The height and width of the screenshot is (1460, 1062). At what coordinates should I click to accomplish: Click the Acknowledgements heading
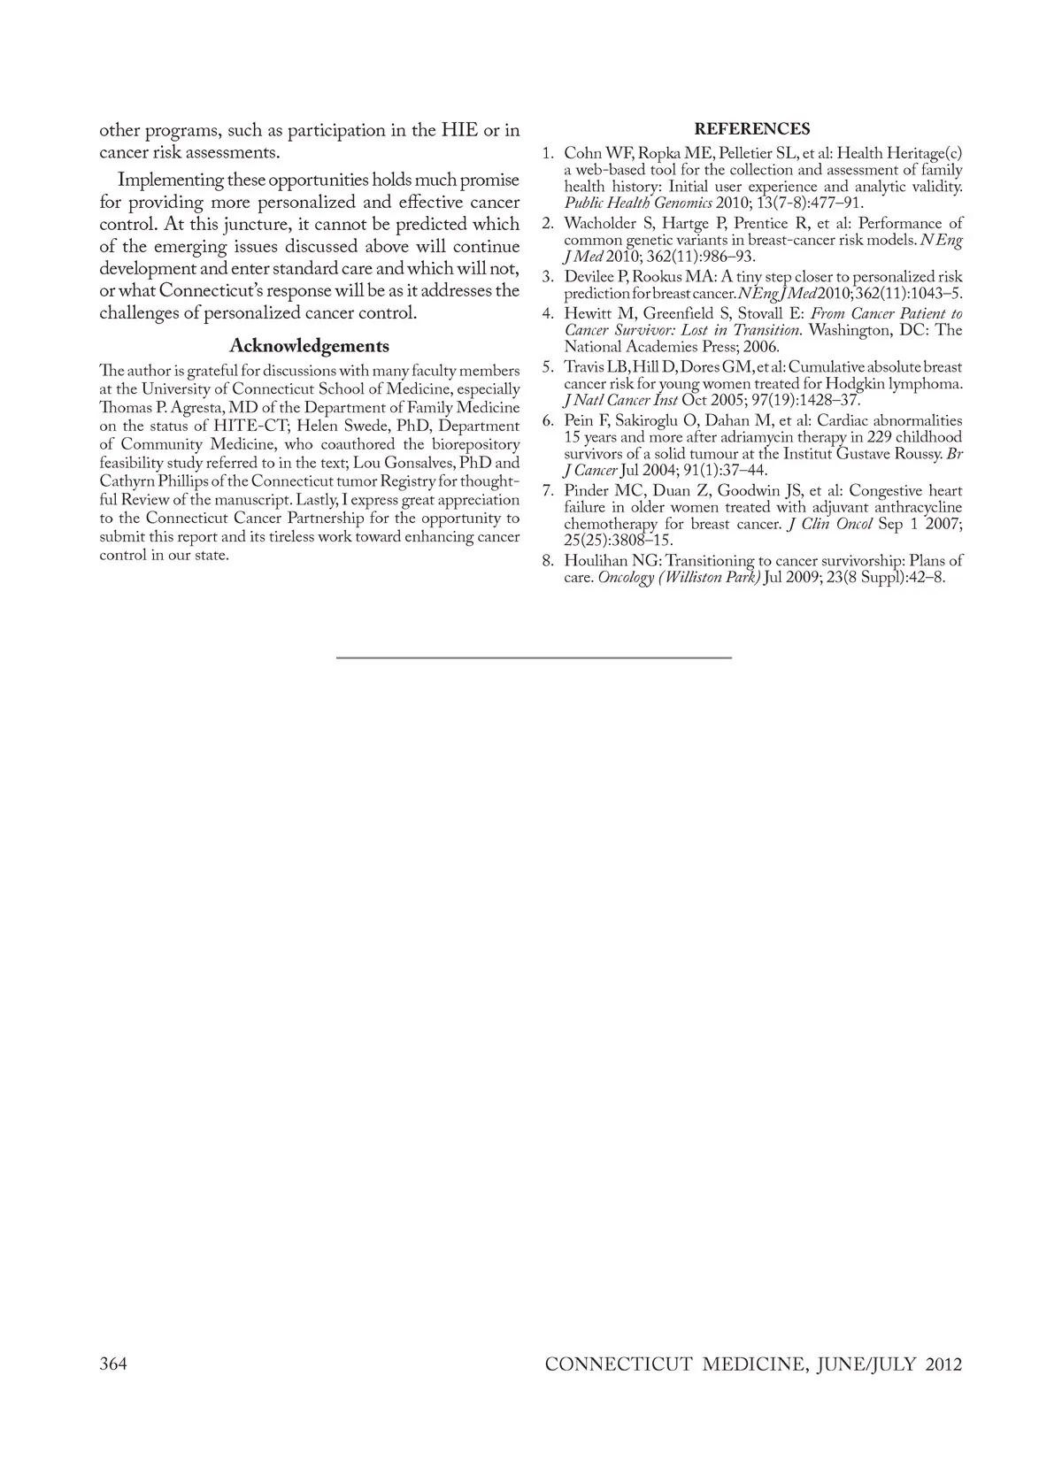tap(309, 346)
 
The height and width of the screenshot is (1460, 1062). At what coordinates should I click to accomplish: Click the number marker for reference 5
tap(549, 366)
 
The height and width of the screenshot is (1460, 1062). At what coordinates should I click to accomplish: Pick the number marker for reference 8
tap(549, 560)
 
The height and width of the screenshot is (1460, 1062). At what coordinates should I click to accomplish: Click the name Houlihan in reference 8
tap(596, 560)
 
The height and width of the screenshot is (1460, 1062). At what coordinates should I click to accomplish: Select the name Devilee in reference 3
tap(589, 277)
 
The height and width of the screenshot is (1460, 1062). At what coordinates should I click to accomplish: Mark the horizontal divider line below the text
tap(534, 657)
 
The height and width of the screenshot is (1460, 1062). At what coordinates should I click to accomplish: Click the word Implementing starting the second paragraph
tap(171, 180)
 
